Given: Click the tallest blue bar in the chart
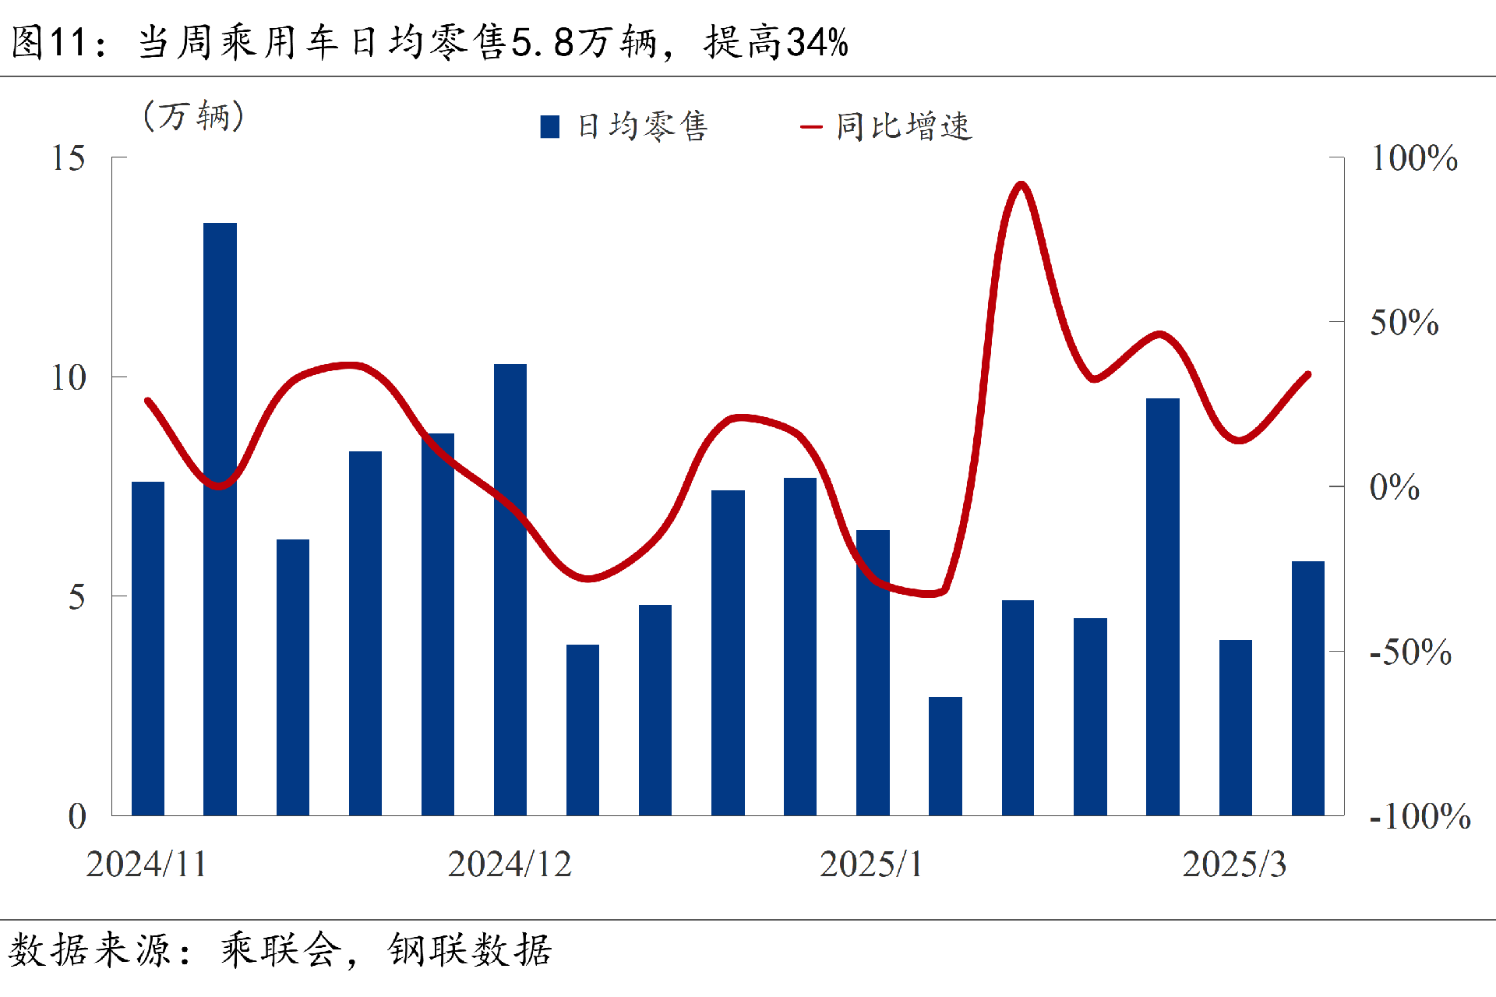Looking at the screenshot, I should click(220, 518).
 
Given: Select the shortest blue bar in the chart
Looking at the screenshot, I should click(945, 755).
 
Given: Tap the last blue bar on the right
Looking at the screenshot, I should click(1307, 688).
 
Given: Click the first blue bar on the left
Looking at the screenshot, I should click(147, 648).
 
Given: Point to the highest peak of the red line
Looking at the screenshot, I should click(1021, 185).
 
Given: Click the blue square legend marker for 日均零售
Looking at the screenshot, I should click(550, 126).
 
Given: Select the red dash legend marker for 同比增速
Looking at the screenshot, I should click(811, 126).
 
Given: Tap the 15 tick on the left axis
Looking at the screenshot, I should click(69, 158).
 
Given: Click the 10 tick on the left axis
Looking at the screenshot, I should click(69, 378).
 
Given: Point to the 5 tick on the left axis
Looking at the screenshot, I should click(76, 597).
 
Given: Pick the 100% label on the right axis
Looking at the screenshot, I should click(1413, 158).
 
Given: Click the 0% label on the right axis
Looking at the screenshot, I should click(1394, 487).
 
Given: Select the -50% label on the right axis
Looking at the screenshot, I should click(1410, 652).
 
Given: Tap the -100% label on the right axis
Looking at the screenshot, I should click(1420, 816).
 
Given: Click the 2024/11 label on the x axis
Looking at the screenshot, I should click(146, 864).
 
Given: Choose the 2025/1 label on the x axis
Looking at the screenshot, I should click(871, 864).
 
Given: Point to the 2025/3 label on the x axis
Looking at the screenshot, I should click(1234, 864).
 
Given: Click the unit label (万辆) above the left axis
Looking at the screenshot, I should click(194, 116).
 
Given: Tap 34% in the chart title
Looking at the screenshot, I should click(817, 42).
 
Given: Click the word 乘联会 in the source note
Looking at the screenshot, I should click(280, 949).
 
